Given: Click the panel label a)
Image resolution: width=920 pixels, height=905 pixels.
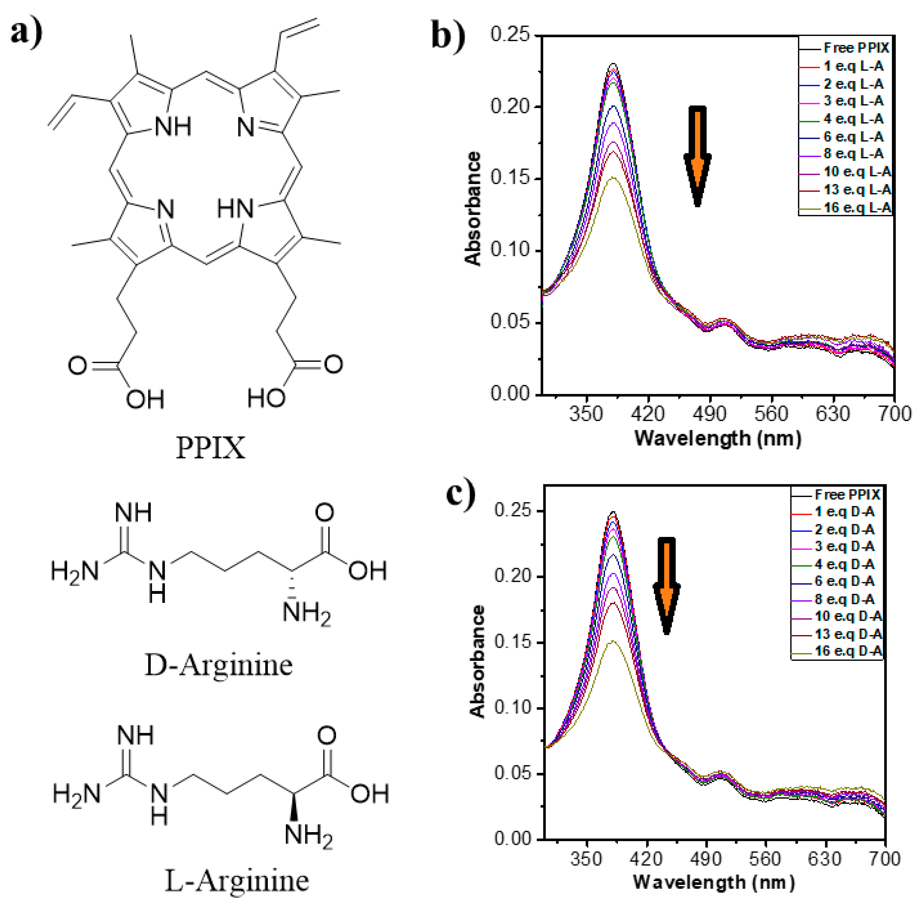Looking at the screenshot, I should point(26,32).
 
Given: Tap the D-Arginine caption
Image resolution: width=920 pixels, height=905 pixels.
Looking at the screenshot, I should point(219,664).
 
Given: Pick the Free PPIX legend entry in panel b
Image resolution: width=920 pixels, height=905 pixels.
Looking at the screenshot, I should point(855,48).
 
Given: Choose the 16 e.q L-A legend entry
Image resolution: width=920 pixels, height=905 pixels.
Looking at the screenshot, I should point(857,208).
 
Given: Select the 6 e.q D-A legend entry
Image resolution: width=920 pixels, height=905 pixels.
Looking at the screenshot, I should point(844,581).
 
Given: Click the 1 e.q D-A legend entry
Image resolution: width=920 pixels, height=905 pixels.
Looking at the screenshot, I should point(844,512).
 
